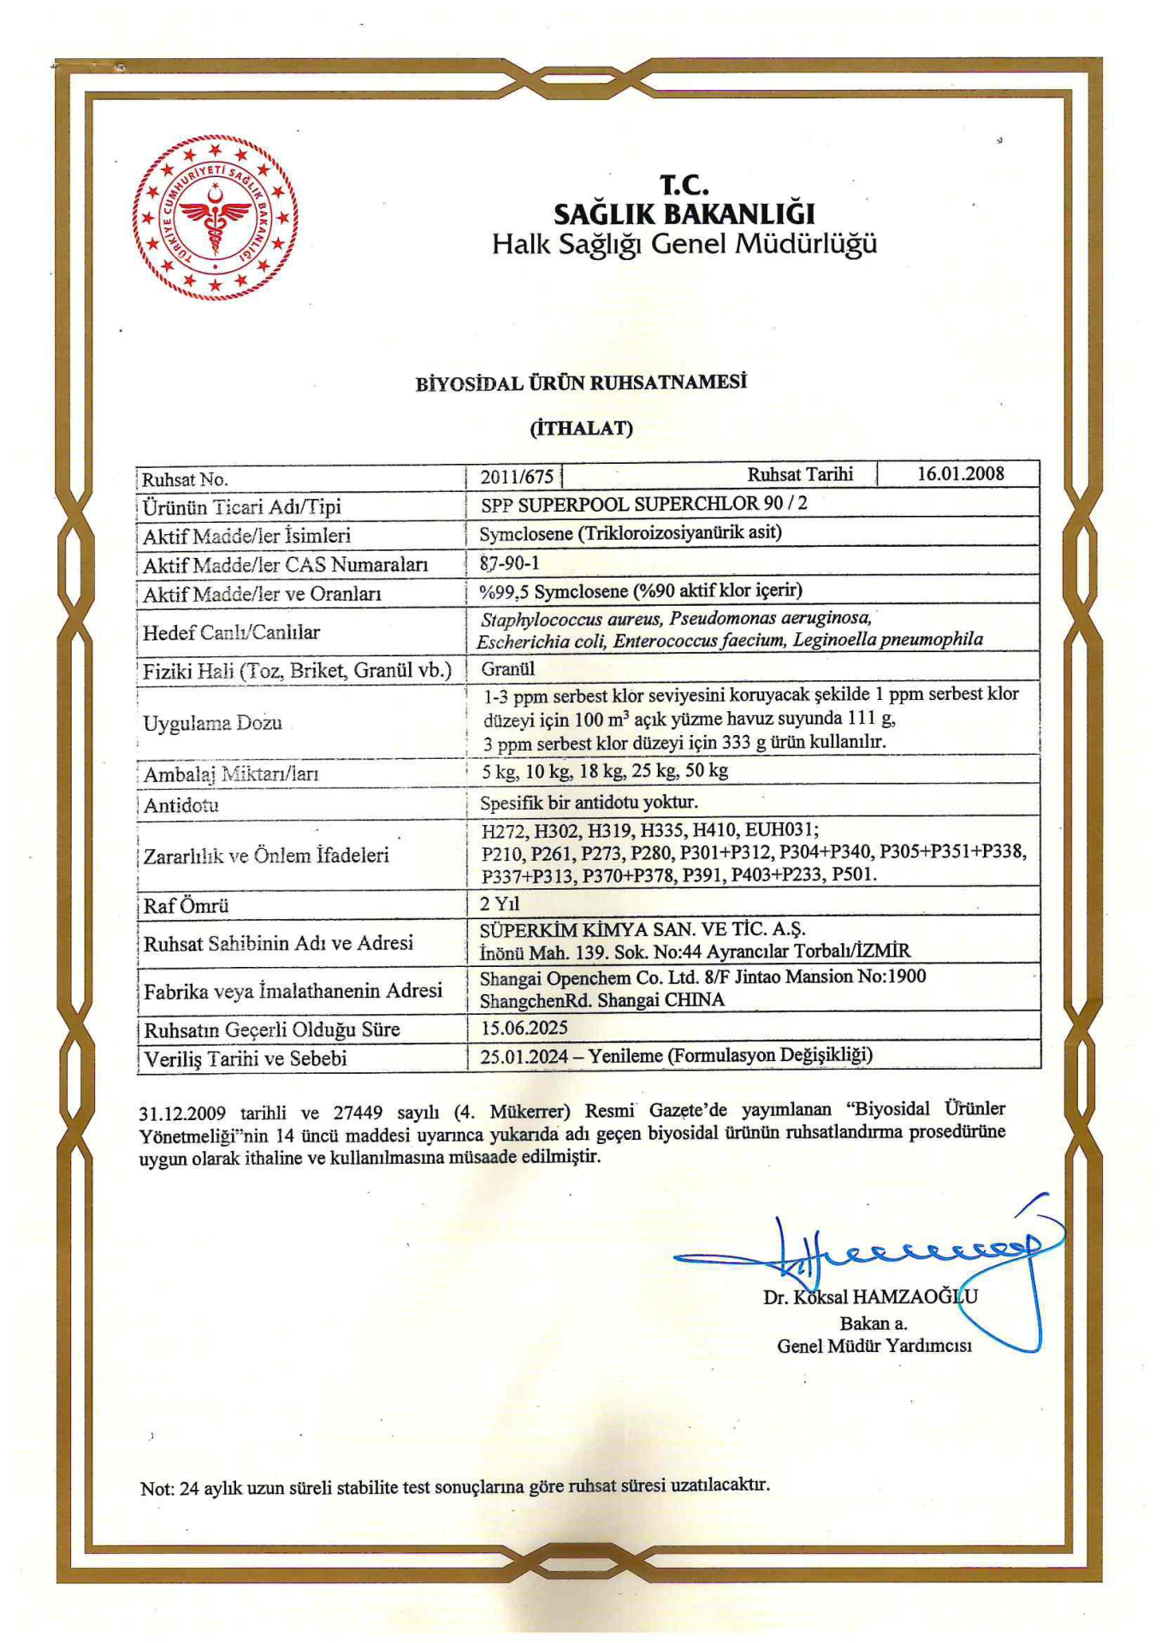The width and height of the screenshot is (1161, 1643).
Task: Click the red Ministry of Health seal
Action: [216, 217]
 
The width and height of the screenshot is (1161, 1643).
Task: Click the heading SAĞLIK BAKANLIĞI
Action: [684, 213]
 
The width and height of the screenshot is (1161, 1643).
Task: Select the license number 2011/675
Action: [516, 477]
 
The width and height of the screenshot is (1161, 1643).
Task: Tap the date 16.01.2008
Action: [960, 473]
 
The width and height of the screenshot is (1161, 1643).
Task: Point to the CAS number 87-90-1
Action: [509, 562]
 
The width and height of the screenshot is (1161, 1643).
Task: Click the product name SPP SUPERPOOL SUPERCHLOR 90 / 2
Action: [643, 503]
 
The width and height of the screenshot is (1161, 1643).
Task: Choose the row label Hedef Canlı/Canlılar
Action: [231, 632]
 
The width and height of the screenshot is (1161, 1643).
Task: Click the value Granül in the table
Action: [507, 668]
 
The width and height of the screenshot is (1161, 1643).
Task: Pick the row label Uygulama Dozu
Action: [212, 723]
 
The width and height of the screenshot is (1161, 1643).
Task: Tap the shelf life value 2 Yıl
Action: [500, 904]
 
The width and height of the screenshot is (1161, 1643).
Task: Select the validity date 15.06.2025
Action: [524, 1027]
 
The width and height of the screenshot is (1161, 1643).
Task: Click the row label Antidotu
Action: [181, 805]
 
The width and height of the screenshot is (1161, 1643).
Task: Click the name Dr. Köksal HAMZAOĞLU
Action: [870, 1296]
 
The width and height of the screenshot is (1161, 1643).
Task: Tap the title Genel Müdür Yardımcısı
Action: [874, 1346]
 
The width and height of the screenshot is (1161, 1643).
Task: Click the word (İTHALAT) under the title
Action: [581, 428]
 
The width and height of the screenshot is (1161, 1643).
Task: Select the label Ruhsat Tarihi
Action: [800, 474]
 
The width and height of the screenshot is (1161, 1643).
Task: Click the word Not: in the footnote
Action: [157, 1489]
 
